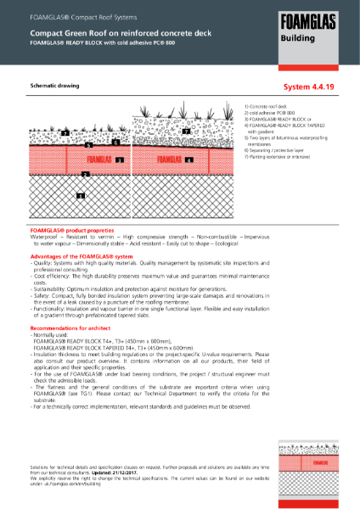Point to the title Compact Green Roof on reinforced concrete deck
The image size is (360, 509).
click(x=90, y=30)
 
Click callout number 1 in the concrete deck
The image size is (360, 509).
click(x=80, y=195)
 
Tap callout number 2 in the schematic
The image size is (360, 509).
click(x=83, y=174)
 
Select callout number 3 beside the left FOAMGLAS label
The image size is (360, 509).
click(x=120, y=159)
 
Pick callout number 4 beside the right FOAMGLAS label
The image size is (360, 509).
click(x=189, y=159)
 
